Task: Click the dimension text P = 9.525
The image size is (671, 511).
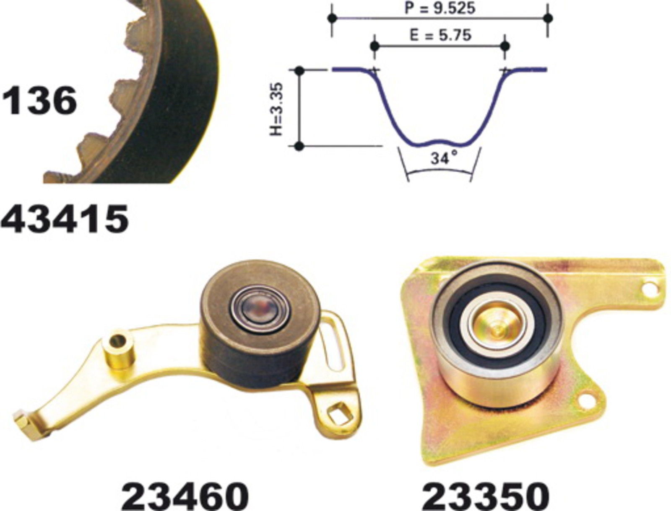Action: [x=440, y=8]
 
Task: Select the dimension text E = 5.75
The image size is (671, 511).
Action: [x=440, y=36]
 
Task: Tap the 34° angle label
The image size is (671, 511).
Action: [x=445, y=158]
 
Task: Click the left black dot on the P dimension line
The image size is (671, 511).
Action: [x=332, y=18]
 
